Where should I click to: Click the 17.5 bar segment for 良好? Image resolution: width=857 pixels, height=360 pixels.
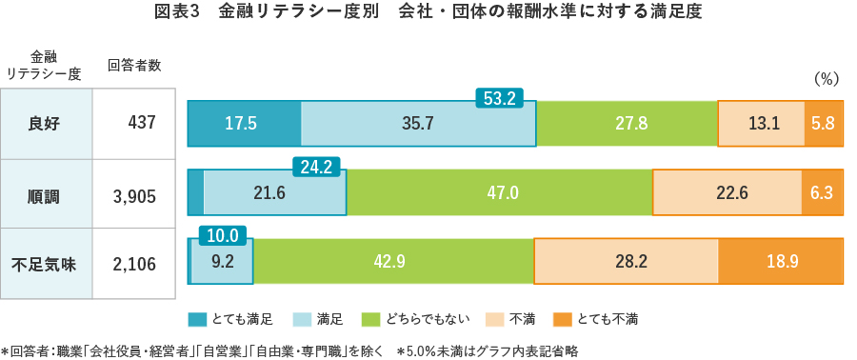(x=243, y=123)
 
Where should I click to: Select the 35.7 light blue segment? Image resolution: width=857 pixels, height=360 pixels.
(x=418, y=123)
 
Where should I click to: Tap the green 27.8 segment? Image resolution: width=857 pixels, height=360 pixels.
(x=627, y=123)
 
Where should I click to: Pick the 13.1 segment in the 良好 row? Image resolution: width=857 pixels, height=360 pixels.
(x=762, y=123)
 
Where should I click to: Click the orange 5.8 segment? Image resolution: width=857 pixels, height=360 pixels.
(x=825, y=123)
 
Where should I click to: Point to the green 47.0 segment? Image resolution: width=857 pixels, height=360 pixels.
(x=500, y=192)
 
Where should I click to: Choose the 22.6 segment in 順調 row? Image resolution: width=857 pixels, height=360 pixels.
(x=727, y=192)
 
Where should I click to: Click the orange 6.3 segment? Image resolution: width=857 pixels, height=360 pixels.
(x=823, y=192)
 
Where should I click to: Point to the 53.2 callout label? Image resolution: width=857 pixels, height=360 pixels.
(x=499, y=97)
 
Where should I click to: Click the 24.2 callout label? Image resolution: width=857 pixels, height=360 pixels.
(x=315, y=167)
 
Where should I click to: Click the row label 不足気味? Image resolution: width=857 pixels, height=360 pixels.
(x=45, y=265)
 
